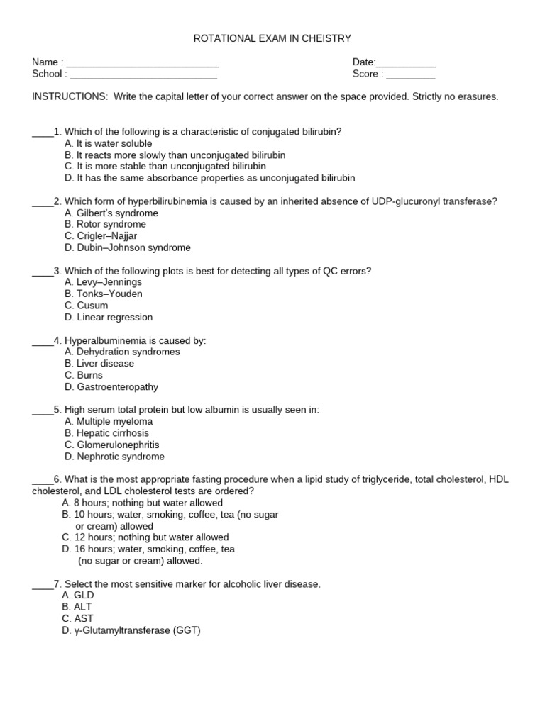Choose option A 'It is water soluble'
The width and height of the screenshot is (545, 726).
coord(108,143)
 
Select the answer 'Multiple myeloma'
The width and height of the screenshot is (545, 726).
coord(108,421)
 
